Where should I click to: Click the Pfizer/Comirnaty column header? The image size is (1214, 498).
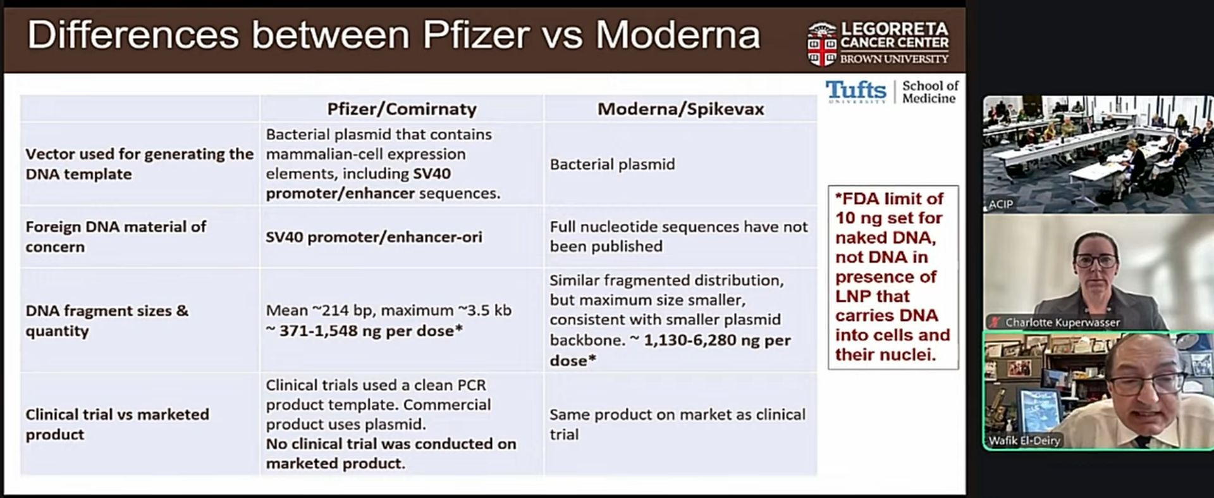(x=402, y=109)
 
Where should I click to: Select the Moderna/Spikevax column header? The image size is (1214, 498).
(x=680, y=109)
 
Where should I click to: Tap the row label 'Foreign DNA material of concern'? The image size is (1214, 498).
(x=116, y=237)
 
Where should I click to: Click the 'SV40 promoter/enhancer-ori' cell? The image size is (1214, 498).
(x=374, y=237)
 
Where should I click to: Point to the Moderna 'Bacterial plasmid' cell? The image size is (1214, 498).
(x=612, y=165)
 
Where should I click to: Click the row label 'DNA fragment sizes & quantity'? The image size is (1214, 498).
(x=107, y=321)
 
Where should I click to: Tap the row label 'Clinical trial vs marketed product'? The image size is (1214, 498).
(x=117, y=424)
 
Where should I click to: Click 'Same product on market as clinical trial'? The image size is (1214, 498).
(x=677, y=424)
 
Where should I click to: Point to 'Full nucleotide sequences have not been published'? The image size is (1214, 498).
(x=678, y=237)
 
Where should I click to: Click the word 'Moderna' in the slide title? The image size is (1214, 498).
(x=677, y=35)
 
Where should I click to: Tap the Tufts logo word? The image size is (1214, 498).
(x=856, y=90)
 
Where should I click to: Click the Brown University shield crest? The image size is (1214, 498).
(x=821, y=44)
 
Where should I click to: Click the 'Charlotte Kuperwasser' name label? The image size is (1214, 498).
(x=1062, y=323)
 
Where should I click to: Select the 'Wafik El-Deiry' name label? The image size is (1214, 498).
(x=1024, y=440)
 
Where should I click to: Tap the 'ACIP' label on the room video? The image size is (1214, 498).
(x=1001, y=204)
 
